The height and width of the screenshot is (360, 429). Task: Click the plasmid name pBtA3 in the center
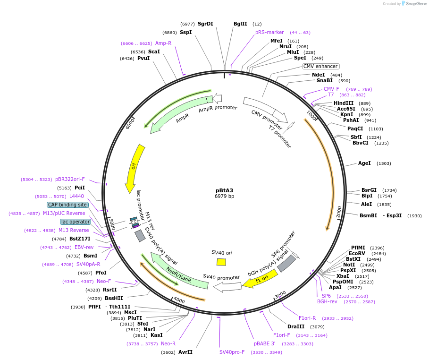tap(224, 190)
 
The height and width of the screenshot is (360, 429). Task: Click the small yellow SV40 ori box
tap(221, 262)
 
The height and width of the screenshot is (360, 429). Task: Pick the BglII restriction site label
tap(240, 24)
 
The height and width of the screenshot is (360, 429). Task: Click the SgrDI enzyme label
tap(205, 24)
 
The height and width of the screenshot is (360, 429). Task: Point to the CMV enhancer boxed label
tap(320, 67)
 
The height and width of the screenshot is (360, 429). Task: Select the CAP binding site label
tap(67, 205)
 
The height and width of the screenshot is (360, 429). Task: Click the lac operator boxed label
tap(75, 222)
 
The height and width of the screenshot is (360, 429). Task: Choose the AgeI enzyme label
tap(364, 163)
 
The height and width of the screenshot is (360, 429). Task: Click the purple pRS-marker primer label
tap(269, 32)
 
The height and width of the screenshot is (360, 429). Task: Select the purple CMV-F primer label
tap(331, 89)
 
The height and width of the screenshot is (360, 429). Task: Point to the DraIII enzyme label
tap(296, 326)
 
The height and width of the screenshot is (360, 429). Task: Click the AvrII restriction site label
tap(185, 352)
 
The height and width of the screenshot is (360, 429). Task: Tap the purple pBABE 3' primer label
tap(264, 343)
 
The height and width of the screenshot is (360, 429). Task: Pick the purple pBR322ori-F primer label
tap(70, 179)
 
